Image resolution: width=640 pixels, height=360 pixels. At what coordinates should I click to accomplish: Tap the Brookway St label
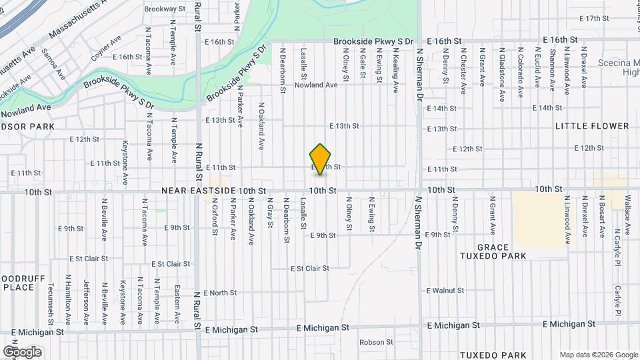165,9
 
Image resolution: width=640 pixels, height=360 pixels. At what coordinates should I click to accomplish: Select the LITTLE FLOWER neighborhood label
593,126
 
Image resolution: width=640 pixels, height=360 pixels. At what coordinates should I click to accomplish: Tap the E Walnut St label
445,291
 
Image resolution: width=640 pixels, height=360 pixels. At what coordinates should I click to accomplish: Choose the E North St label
219,293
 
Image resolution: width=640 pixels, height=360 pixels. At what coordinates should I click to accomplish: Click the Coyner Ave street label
106,49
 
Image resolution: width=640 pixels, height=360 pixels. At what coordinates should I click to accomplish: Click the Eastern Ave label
177,301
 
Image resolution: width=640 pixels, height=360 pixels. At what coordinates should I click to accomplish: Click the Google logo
22,352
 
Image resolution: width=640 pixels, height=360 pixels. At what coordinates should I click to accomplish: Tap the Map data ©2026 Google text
598,355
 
